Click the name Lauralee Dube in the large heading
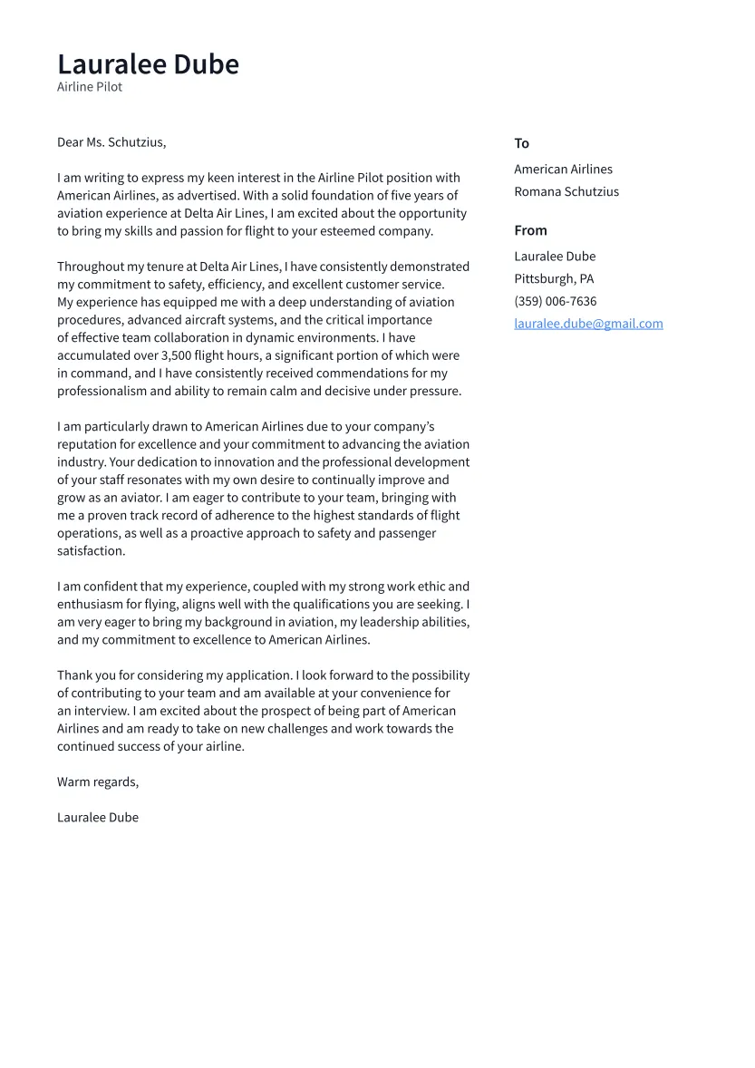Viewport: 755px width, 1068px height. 148,64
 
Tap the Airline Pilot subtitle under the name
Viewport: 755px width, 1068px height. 90,87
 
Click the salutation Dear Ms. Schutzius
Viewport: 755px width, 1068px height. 111,142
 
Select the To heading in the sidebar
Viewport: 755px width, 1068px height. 521,143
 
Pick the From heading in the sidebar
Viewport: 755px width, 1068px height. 530,230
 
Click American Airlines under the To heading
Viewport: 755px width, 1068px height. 563,170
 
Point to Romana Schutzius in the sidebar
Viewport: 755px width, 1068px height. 566,191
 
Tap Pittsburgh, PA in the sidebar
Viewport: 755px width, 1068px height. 554,278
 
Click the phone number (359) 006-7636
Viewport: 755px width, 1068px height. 555,301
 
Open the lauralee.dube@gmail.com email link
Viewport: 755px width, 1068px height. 588,324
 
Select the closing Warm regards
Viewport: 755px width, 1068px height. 98,782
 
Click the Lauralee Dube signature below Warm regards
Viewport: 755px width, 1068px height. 98,817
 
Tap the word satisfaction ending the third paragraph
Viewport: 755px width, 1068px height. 91,550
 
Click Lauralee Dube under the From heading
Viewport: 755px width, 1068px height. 555,257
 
